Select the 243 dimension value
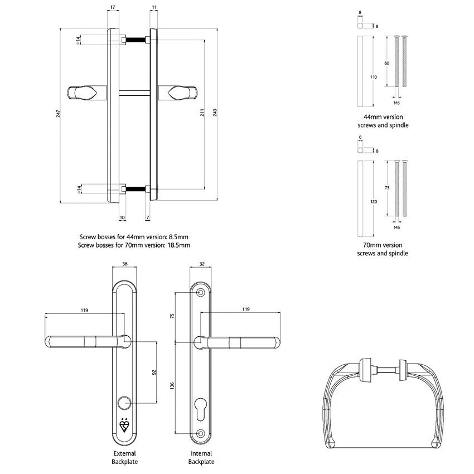pyautogui.click(x=215, y=112)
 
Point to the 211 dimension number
pyautogui.click(x=202, y=113)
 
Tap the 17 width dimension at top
pyautogui.click(x=113, y=7)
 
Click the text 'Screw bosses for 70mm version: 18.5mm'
pyautogui.click(x=134, y=245)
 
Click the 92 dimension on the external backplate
pyautogui.click(x=154, y=371)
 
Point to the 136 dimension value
pyautogui.click(x=172, y=385)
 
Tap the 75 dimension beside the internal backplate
pyautogui.click(x=172, y=316)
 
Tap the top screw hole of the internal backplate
pyautogui.click(x=201, y=292)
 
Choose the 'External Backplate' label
pyautogui.click(x=124, y=457)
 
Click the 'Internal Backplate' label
pyautogui.click(x=201, y=457)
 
